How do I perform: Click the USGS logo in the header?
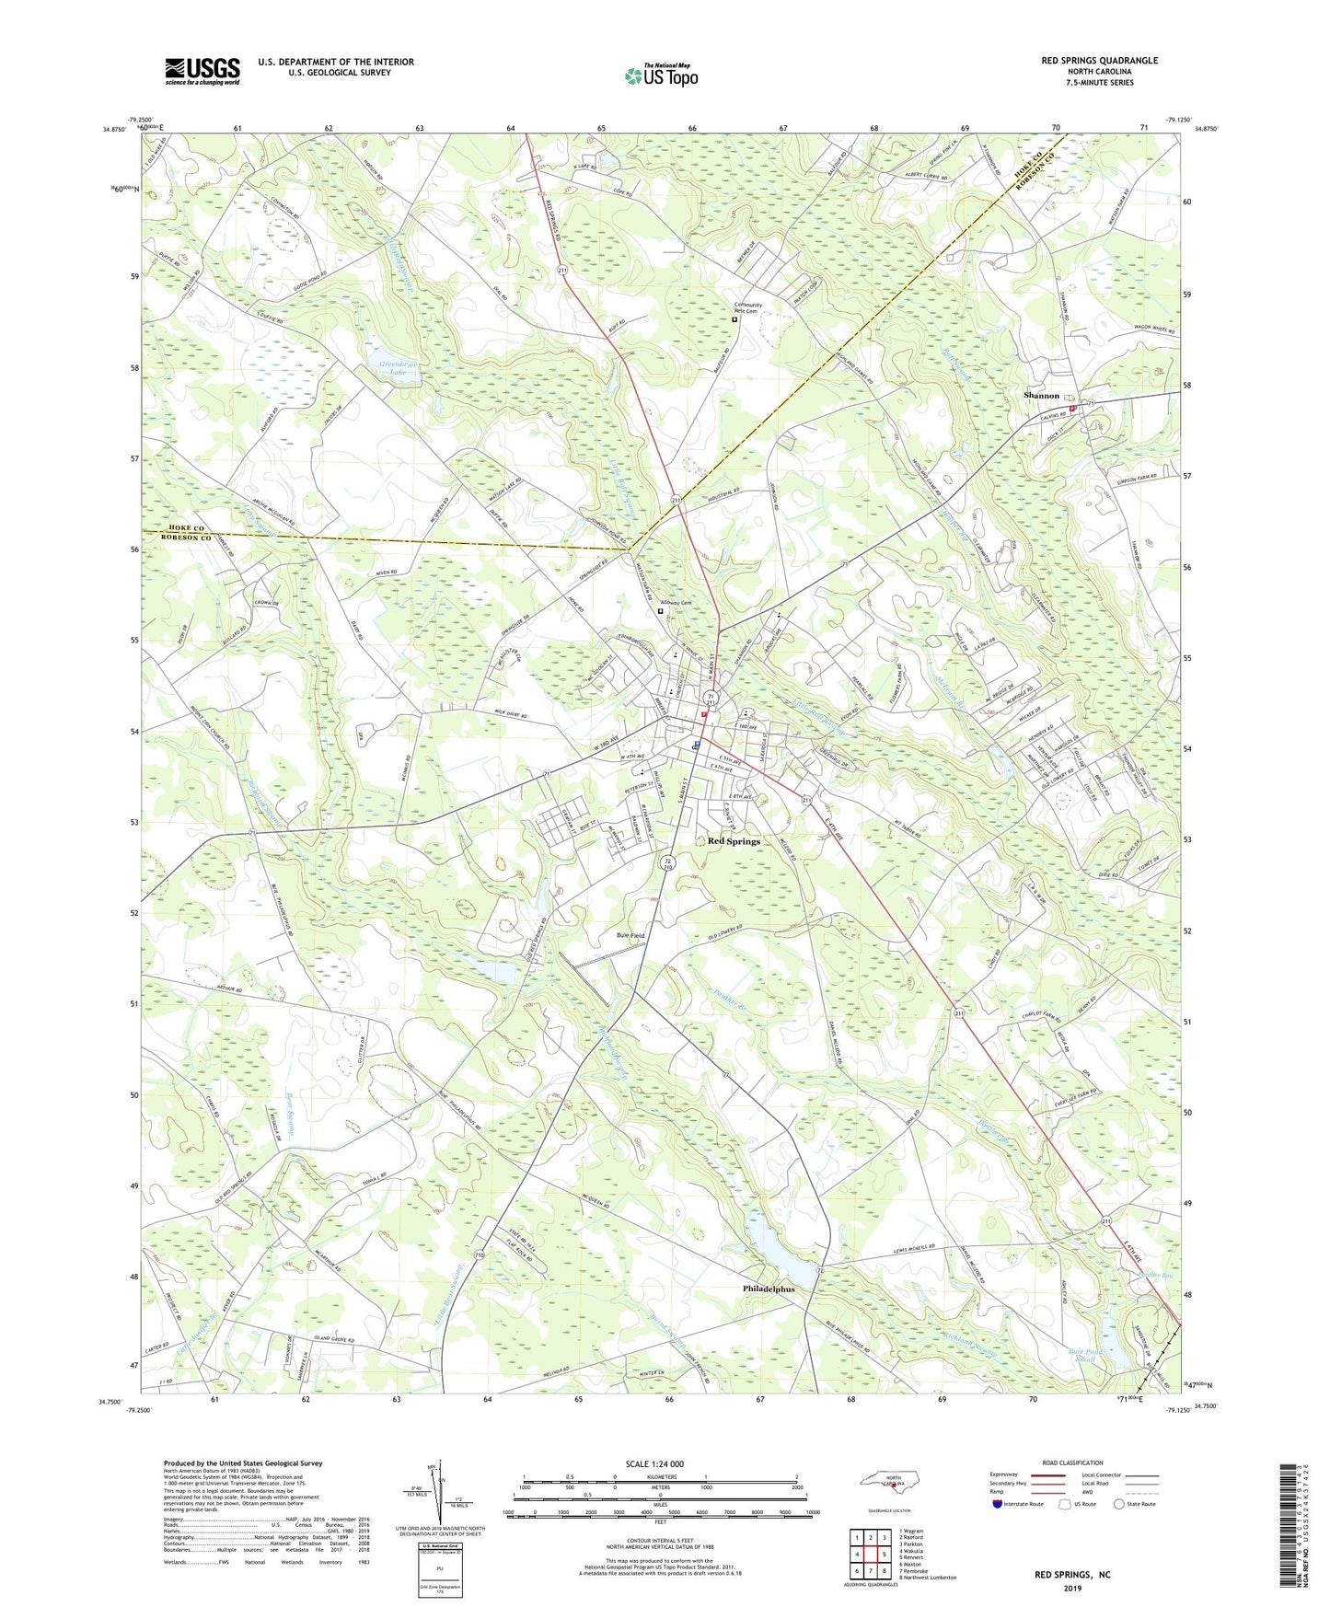[202, 71]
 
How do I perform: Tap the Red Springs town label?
[734, 840]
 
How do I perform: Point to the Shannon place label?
[1041, 395]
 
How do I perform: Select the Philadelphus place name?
[769, 1289]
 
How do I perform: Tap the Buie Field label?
[630, 935]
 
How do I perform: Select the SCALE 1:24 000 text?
[655, 1463]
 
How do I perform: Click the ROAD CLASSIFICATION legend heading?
[1071, 1462]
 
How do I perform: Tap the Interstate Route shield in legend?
[999, 1505]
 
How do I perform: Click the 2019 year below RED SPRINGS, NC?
[1072, 1588]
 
